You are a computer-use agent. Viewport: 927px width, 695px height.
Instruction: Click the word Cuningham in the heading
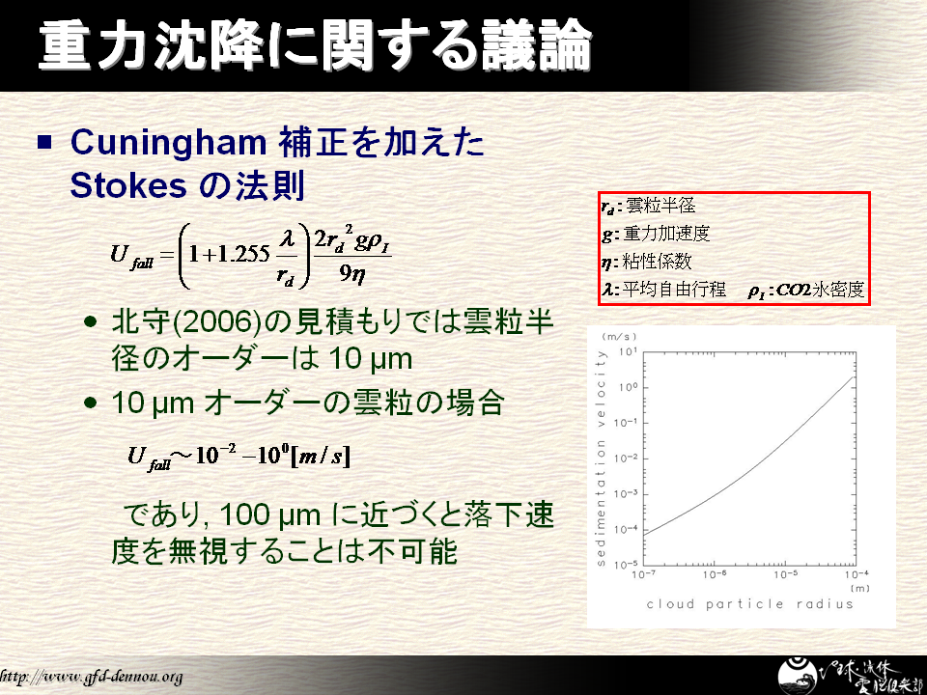[168, 143]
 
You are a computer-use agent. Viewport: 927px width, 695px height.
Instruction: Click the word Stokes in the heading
[128, 185]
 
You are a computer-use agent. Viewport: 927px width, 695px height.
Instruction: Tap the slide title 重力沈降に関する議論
[315, 45]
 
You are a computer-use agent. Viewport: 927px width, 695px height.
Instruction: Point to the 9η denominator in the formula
[351, 272]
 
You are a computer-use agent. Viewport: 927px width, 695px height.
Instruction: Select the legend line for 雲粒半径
[649, 206]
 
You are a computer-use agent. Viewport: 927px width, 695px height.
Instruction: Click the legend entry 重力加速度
[656, 234]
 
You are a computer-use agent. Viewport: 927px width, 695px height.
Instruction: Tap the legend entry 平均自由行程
[664, 290]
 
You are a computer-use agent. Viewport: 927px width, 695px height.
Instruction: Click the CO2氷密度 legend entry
[805, 291]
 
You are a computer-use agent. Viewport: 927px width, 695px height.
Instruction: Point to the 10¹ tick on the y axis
[628, 352]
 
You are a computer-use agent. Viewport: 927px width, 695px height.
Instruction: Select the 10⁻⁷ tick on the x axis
[643, 574]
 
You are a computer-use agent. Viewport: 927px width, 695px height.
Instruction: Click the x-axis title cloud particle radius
[750, 604]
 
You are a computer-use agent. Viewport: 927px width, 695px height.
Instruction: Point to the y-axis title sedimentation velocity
[602, 458]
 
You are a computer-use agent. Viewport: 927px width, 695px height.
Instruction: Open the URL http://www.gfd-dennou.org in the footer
[91, 677]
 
